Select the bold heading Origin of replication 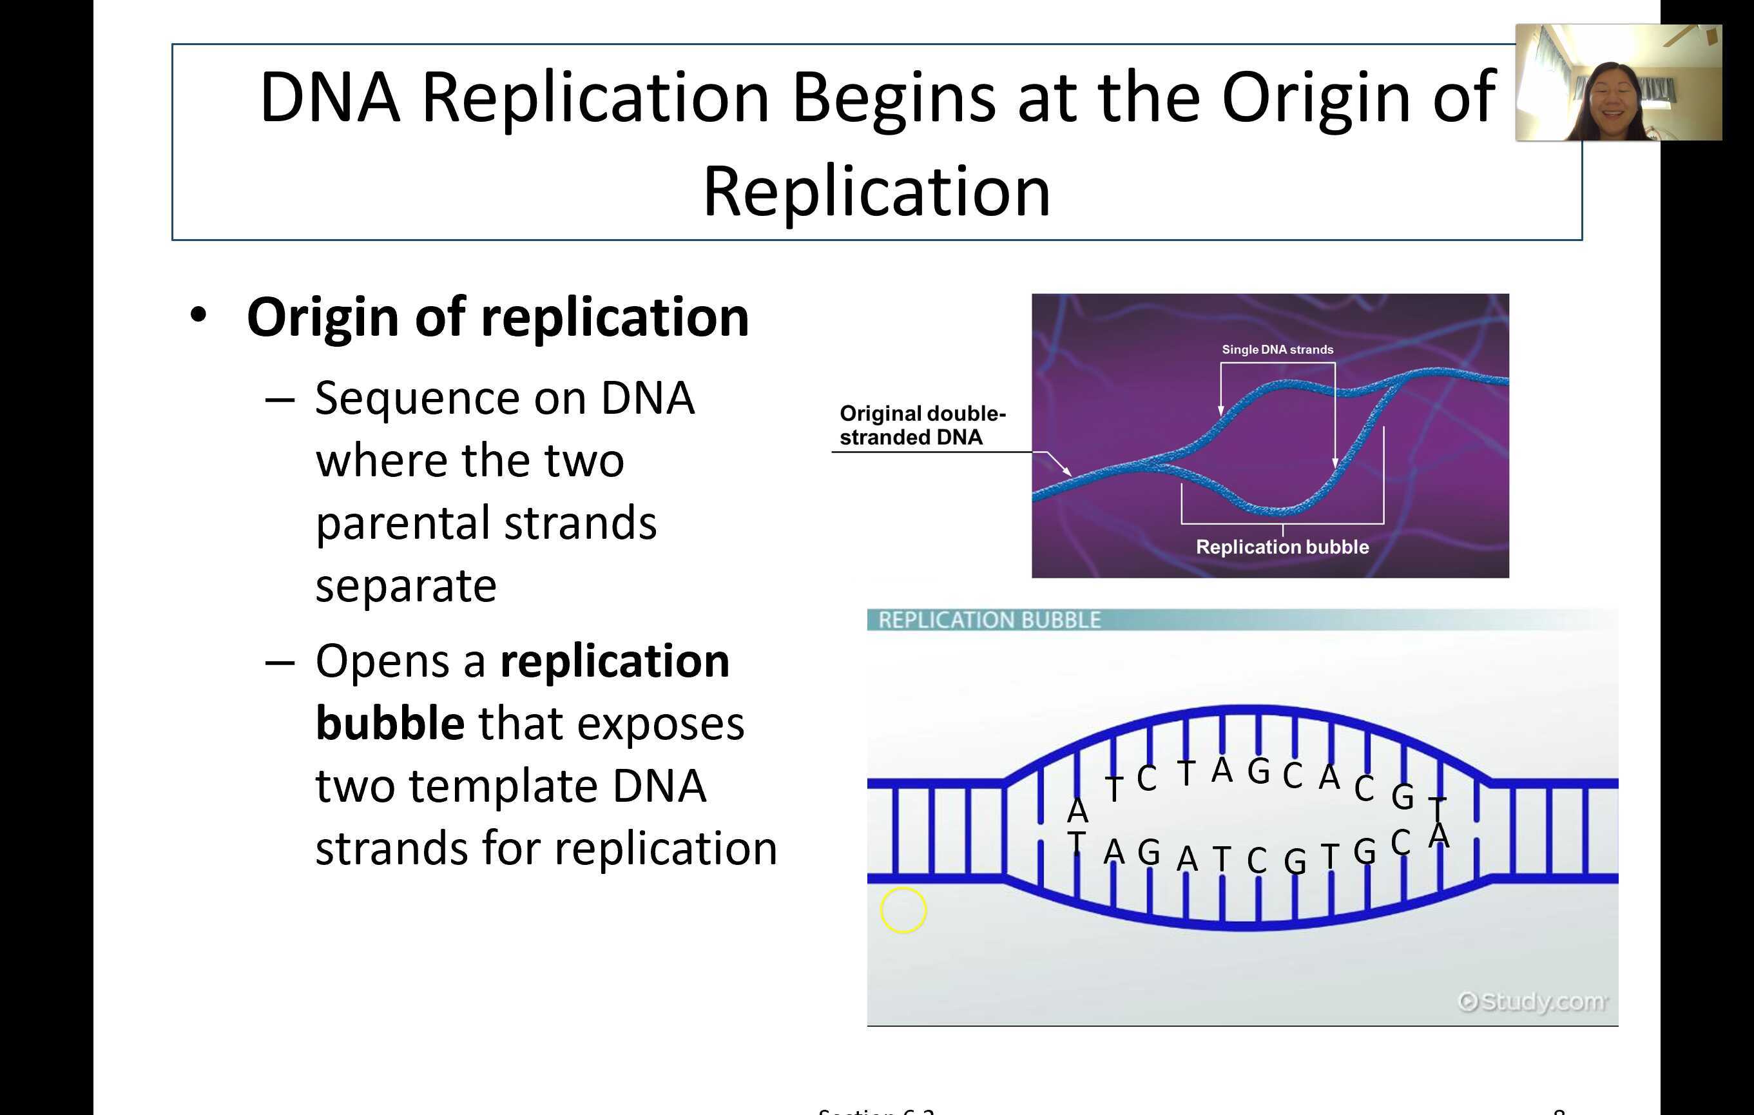(x=497, y=318)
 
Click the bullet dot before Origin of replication (x=198, y=317)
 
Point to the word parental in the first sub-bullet (x=404, y=523)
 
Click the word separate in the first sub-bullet (x=406, y=587)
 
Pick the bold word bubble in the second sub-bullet (x=390, y=724)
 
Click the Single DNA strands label (x=1277, y=350)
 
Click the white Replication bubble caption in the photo (x=1282, y=547)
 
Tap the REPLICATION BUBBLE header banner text (x=989, y=620)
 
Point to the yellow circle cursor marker (x=903, y=910)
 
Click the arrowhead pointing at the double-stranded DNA (x=1066, y=472)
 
